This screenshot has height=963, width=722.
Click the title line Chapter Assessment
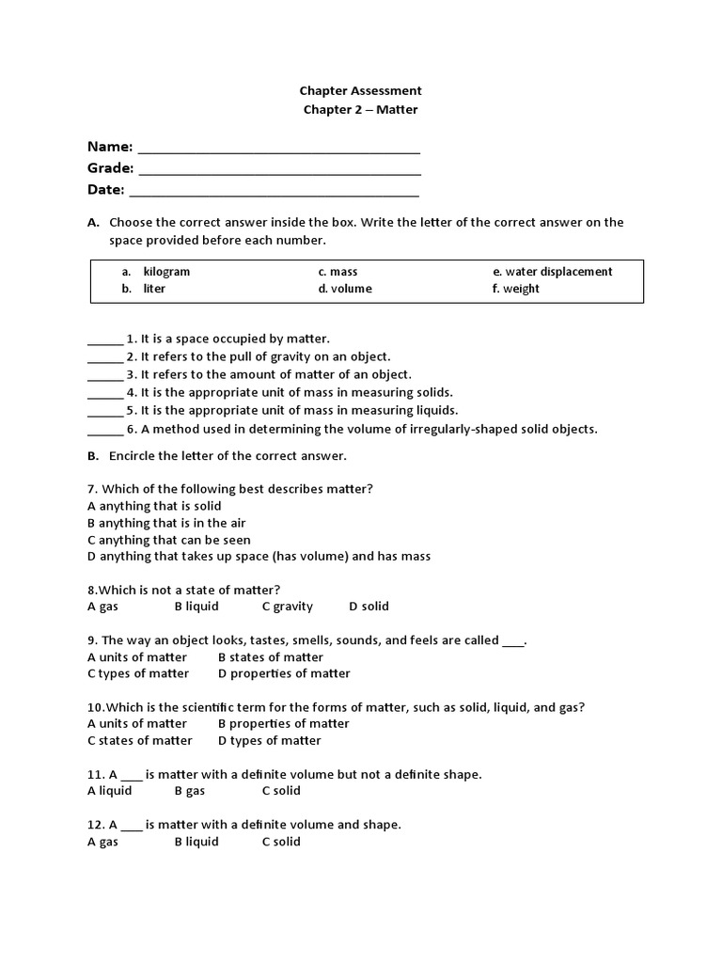[360, 91]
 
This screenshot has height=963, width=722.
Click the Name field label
[110, 147]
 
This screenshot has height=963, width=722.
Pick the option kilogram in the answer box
[165, 272]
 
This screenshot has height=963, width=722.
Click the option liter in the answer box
[153, 289]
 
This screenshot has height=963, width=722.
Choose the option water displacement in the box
[552, 272]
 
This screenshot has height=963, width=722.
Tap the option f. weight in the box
[515, 289]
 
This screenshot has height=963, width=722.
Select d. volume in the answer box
[345, 289]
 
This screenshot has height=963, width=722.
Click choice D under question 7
[259, 556]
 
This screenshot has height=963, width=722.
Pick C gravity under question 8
[288, 607]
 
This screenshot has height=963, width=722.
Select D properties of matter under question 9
[284, 673]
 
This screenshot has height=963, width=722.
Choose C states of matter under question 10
[140, 740]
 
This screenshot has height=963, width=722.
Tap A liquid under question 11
[110, 791]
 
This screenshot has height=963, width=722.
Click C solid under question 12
[281, 842]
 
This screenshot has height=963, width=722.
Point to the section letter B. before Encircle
[93, 456]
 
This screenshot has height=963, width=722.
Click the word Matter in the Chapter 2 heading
[397, 110]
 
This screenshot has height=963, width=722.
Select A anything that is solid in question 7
[154, 506]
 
